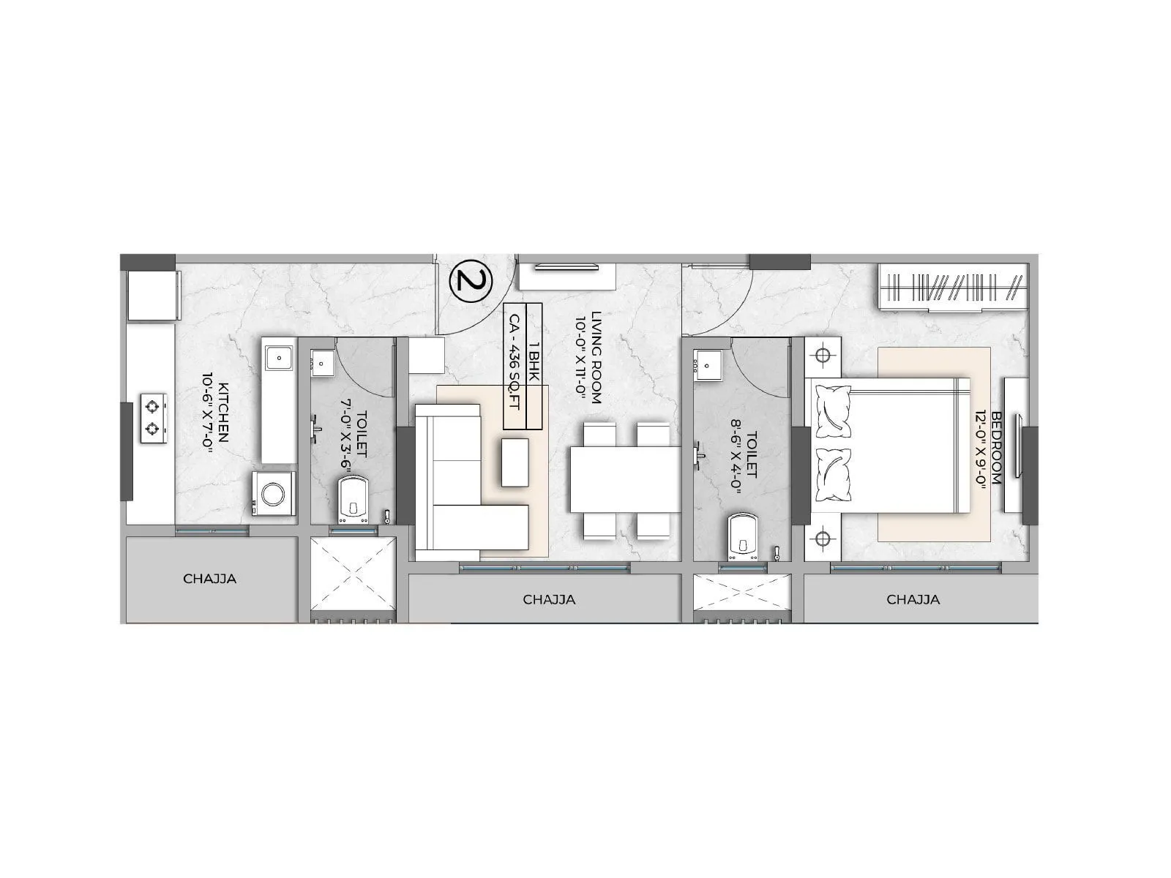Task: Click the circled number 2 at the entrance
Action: pos(471,281)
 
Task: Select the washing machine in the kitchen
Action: pos(274,494)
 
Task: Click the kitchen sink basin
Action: pos(278,359)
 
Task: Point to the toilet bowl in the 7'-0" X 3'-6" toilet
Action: pos(354,501)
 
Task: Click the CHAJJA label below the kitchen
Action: pos(210,579)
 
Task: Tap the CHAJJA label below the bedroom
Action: pos(913,599)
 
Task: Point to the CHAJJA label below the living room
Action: pos(549,599)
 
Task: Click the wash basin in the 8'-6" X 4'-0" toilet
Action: pos(708,364)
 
